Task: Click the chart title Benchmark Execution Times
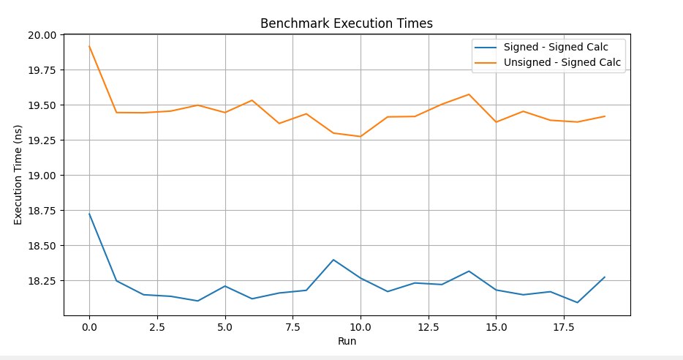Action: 347,23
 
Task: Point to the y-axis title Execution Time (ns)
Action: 18,175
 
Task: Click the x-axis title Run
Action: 347,341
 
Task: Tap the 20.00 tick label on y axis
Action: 42,35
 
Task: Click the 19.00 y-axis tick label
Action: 42,175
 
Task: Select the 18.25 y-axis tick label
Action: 42,281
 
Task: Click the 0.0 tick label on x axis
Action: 89,327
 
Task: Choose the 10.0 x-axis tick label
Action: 361,327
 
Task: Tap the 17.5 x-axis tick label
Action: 564,327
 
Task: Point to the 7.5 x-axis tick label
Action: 293,327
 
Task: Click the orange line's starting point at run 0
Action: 89,46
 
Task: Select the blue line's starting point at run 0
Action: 89,214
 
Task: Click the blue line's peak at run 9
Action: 333,260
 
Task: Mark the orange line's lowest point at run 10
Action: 361,136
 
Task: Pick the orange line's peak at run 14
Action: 469,94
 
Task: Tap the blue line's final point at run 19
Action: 605,277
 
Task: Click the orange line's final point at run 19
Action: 605,116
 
